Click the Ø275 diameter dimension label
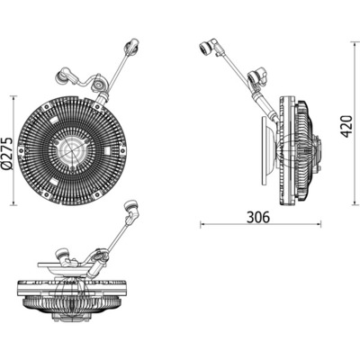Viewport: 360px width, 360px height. point(7,153)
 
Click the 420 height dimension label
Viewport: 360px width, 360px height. point(347,126)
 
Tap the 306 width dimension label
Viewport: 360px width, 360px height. point(258,217)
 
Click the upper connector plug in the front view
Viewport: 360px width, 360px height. point(131,47)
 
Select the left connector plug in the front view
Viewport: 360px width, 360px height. point(62,76)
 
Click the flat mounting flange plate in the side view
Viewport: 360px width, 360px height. point(265,151)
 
